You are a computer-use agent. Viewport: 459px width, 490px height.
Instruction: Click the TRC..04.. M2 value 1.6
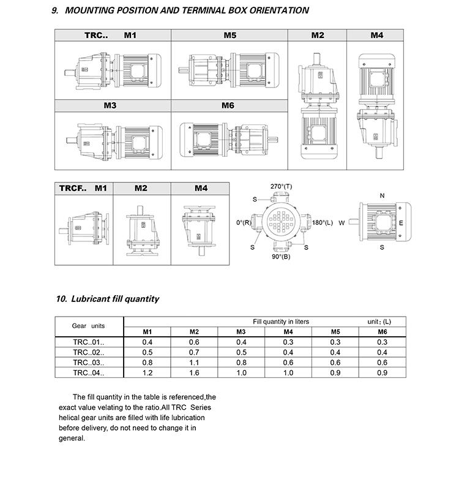[x=194, y=372]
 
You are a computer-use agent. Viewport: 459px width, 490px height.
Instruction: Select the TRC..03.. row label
[x=88, y=362]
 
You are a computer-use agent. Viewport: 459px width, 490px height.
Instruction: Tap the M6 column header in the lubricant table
[x=382, y=332]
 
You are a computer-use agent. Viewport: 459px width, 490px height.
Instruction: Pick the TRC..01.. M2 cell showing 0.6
[x=194, y=342]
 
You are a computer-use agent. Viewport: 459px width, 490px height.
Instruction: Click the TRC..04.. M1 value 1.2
[x=147, y=372]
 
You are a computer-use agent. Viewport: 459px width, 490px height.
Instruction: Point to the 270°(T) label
[x=281, y=186]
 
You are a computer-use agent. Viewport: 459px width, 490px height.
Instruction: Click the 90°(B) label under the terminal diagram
[x=281, y=257]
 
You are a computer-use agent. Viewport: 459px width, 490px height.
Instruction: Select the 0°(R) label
[x=243, y=222]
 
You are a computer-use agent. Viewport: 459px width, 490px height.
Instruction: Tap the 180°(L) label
[x=323, y=222]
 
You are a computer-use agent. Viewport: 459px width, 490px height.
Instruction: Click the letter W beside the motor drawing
[x=341, y=222]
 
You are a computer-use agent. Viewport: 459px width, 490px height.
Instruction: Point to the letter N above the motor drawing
[x=382, y=196]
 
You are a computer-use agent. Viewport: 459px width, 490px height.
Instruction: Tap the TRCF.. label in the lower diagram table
[x=73, y=188]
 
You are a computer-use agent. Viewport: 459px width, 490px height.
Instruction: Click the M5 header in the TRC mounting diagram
[x=229, y=36]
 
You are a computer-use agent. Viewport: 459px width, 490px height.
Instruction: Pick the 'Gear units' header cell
[x=88, y=326]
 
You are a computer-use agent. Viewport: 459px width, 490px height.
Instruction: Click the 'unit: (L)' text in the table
[x=379, y=322]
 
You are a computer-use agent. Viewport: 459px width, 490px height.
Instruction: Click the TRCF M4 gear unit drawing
[x=201, y=226]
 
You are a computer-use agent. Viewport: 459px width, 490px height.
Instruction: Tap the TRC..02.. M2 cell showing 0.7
[x=194, y=352]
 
